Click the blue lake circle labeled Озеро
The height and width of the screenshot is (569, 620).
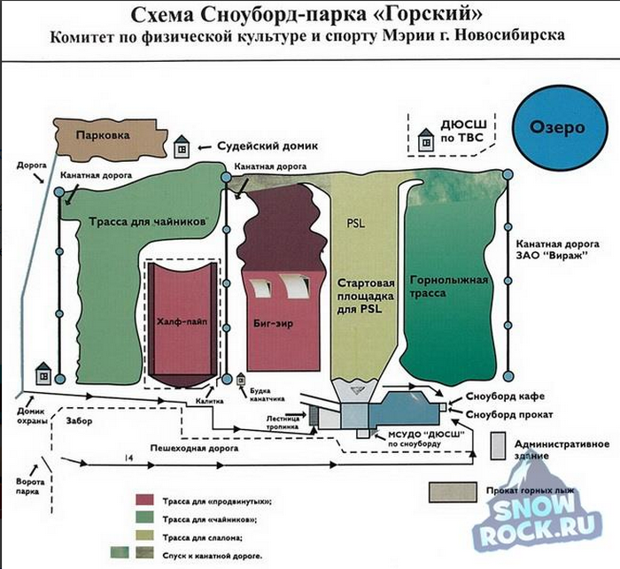click(560, 127)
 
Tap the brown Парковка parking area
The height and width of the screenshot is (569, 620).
click(109, 138)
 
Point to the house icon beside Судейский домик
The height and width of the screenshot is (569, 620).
click(182, 147)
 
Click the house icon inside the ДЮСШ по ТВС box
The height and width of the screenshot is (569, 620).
click(426, 140)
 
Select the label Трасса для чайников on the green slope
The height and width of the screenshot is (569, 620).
click(148, 221)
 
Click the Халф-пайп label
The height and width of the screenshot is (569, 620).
click(182, 322)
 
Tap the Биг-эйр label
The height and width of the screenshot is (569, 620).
click(273, 324)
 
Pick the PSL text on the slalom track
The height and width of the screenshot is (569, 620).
click(356, 224)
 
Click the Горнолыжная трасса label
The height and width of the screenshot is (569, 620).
click(449, 287)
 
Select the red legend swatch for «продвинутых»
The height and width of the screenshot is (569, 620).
click(144, 500)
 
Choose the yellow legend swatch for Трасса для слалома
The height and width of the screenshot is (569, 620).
click(144, 535)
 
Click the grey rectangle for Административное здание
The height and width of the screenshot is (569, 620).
click(498, 446)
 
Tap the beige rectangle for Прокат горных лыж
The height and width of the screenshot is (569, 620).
click(453, 492)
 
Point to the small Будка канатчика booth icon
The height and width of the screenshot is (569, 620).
click(241, 381)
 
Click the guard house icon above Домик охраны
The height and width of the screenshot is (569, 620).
click(43, 373)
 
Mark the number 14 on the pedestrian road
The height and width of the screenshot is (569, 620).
click(129, 458)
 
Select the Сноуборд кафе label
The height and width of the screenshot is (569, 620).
click(505, 396)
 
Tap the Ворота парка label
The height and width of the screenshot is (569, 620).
click(30, 487)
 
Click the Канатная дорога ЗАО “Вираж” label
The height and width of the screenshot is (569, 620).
click(557, 250)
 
